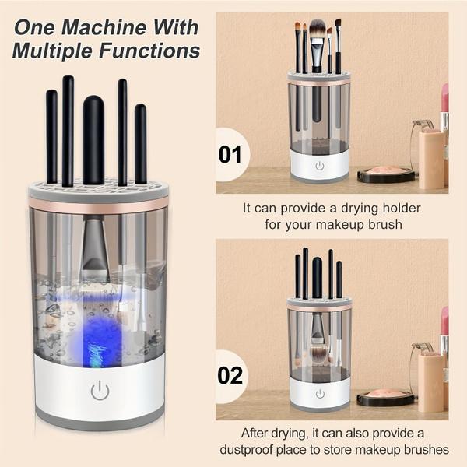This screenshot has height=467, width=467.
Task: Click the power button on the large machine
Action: click(x=100, y=390)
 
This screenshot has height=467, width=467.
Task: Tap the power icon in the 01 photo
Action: click(x=320, y=166)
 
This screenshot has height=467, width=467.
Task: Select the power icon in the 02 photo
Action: click(x=320, y=394)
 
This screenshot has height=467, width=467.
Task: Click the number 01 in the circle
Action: click(x=230, y=155)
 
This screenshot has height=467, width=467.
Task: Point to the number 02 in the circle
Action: click(x=230, y=376)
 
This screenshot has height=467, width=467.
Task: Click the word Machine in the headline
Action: click(x=105, y=27)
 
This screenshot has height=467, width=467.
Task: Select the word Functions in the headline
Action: click(x=149, y=51)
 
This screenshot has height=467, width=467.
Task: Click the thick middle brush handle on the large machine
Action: click(x=93, y=140)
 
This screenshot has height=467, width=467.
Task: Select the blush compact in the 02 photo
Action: click(x=384, y=397)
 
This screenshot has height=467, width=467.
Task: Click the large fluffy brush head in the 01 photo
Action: click(x=318, y=30)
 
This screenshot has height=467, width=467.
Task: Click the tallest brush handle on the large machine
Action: click(x=68, y=131)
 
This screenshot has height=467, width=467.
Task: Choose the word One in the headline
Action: click(x=35, y=27)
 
